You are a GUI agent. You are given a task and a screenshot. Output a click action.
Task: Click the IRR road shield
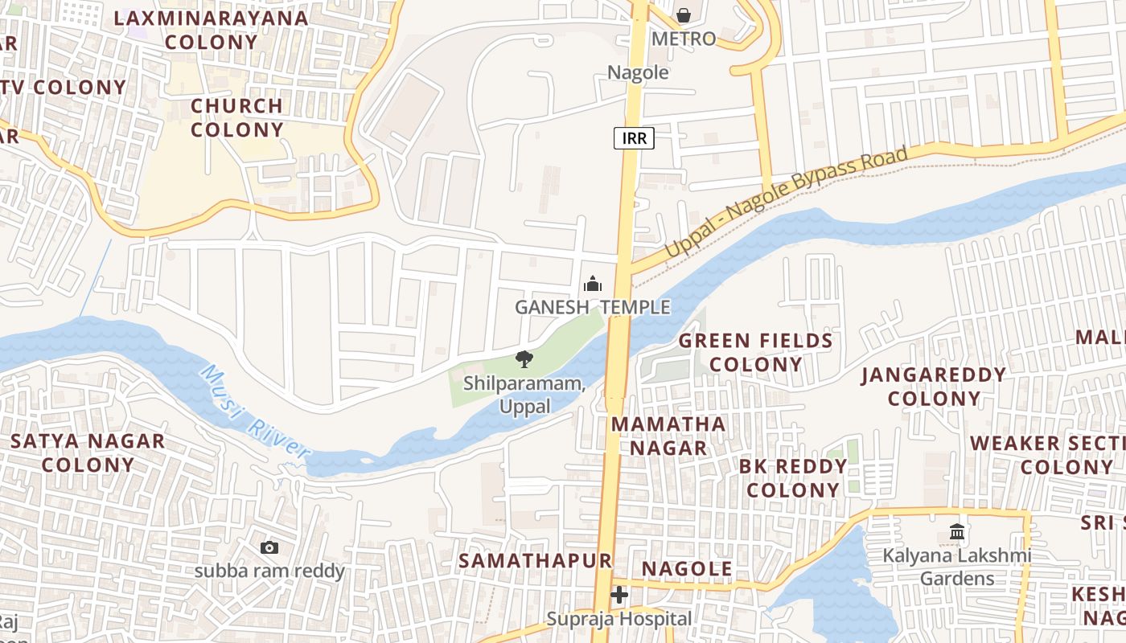coord(635,138)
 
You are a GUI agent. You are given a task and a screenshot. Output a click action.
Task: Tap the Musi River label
coord(256,414)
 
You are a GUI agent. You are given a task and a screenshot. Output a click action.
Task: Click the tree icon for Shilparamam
coord(524,358)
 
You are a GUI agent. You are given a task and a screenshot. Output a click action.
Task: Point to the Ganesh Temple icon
coord(593,284)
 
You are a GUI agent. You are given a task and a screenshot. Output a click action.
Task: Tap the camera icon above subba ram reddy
coord(269,547)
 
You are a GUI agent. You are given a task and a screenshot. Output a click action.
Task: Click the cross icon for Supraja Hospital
coord(619,595)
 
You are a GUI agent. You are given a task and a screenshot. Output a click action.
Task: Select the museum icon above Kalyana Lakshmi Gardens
coord(957,531)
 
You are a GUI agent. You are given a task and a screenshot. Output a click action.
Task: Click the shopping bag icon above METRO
coord(683,15)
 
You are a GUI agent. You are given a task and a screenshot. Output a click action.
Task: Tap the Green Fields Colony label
coord(756,352)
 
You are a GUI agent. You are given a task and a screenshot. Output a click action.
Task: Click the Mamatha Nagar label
coord(668,435)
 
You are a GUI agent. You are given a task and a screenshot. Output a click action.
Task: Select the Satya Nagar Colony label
coord(88,453)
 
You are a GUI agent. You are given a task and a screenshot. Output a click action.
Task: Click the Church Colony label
coord(237,117)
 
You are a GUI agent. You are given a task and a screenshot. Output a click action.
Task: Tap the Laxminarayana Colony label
coord(212,30)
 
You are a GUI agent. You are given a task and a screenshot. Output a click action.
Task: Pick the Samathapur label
coord(536,560)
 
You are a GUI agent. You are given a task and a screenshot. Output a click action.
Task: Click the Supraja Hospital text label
coord(619,619)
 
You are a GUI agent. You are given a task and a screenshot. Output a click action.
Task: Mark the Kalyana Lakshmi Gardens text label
coord(957,567)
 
